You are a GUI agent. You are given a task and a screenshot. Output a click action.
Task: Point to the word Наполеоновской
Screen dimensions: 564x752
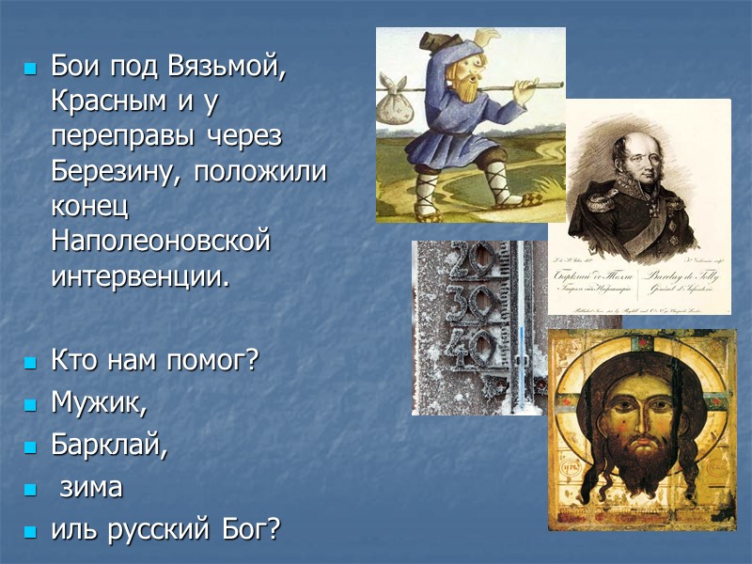pos(161,242)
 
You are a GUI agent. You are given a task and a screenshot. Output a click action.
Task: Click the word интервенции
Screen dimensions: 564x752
pos(140,276)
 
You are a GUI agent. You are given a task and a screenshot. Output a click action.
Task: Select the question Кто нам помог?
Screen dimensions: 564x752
pos(154,359)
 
